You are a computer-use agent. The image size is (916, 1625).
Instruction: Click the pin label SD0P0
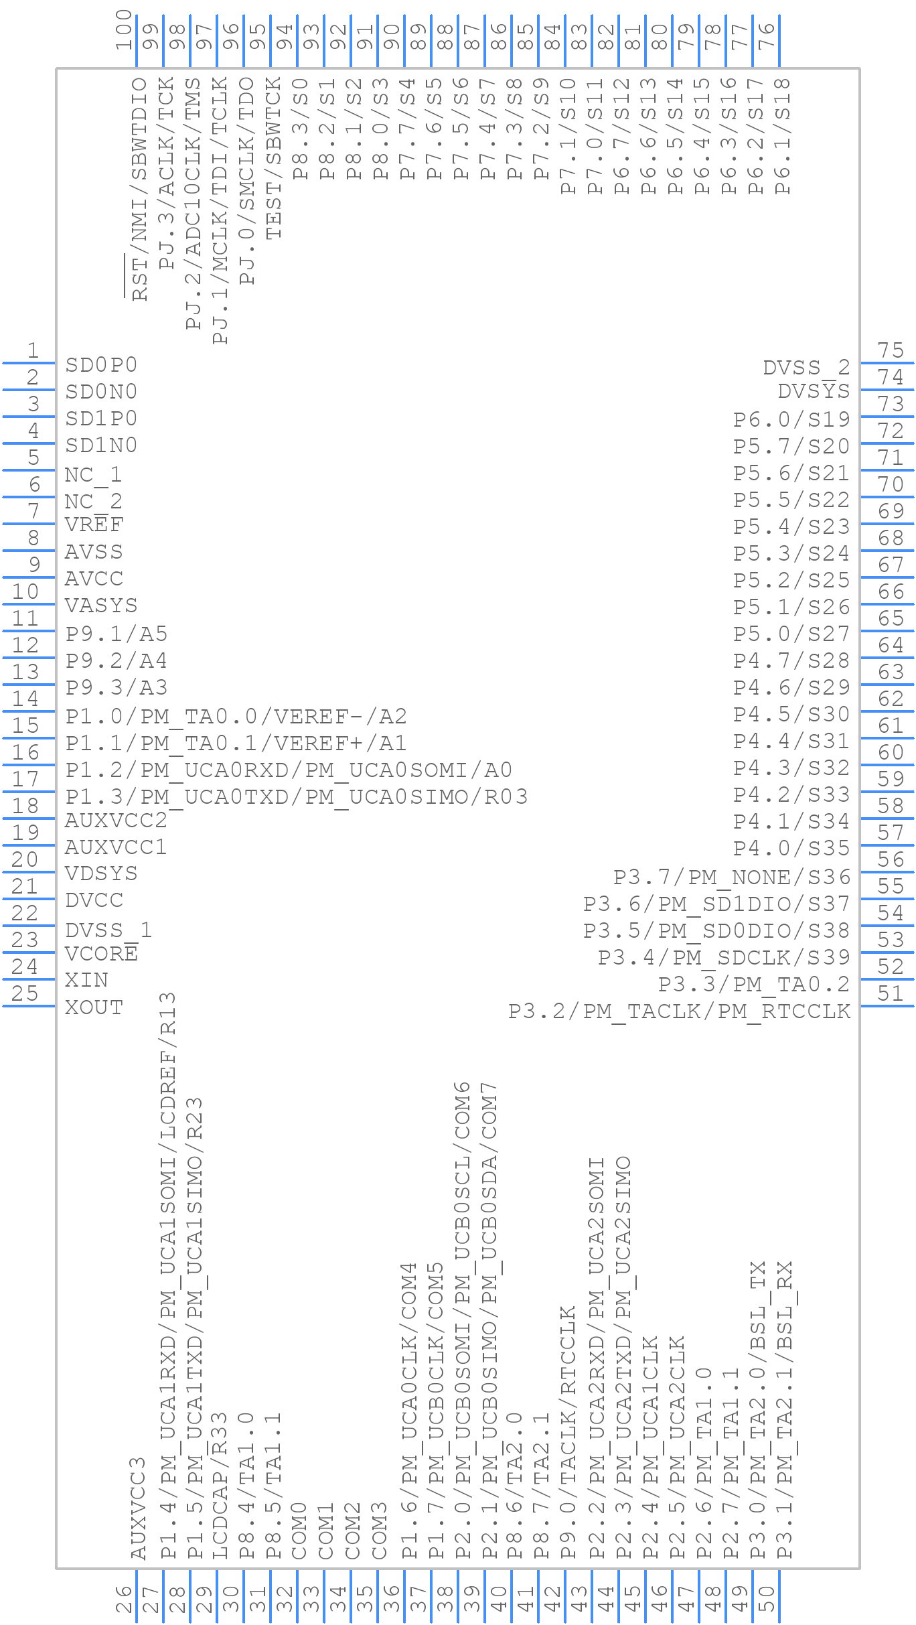pyautogui.click(x=101, y=365)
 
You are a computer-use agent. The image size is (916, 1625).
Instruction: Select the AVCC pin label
pyautogui.click(x=94, y=579)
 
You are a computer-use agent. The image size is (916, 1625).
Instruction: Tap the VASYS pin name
pyautogui.click(x=101, y=606)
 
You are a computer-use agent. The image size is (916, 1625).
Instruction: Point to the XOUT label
pyautogui.click(x=94, y=1007)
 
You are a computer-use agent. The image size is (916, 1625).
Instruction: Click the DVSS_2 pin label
pyautogui.click(x=806, y=368)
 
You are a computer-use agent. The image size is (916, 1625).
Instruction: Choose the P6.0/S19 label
pyautogui.click(x=791, y=419)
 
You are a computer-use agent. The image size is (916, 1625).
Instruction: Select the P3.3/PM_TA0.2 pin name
pyautogui.click(x=754, y=985)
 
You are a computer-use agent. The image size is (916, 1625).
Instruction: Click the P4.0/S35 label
pyautogui.click(x=791, y=848)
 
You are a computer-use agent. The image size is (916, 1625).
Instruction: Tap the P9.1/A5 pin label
pyautogui.click(x=116, y=634)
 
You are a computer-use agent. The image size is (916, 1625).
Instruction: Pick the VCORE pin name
pyautogui.click(x=101, y=954)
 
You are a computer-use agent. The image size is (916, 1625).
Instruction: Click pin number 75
pyautogui.click(x=891, y=350)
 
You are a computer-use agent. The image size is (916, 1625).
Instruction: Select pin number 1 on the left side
pyautogui.click(x=33, y=350)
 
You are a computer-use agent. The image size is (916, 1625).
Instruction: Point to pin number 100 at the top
pyautogui.click(x=123, y=30)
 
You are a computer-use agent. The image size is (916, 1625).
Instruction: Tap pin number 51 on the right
pyautogui.click(x=891, y=993)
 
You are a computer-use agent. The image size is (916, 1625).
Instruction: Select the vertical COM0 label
pyautogui.click(x=298, y=1531)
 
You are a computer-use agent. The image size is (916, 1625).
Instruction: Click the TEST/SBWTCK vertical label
pyautogui.click(x=274, y=159)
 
